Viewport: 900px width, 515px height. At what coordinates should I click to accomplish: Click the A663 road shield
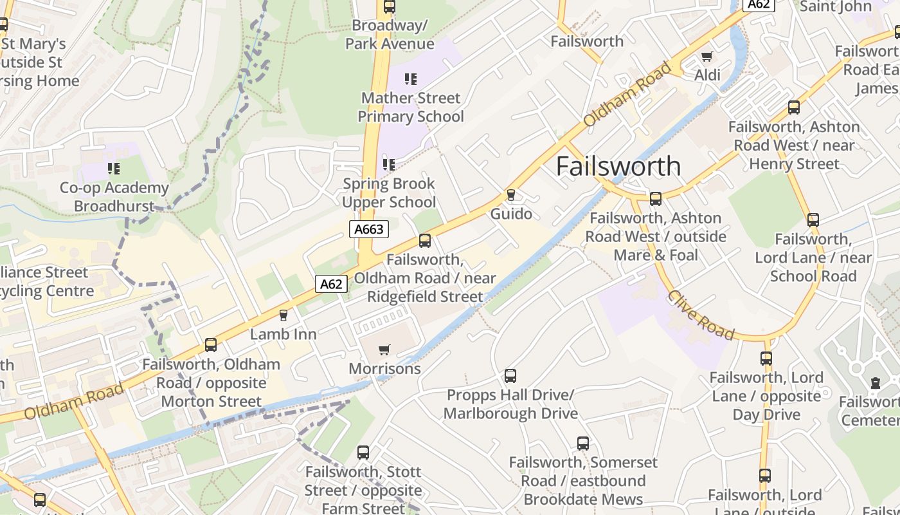click(369, 229)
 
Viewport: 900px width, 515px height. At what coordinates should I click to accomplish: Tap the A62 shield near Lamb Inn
click(331, 284)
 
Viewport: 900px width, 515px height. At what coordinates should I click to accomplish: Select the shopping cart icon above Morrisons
click(384, 350)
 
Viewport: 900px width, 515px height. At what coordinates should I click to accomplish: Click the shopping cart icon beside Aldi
click(707, 56)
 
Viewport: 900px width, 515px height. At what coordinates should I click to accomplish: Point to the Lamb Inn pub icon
click(283, 315)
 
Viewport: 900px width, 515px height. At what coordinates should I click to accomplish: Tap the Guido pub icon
click(511, 194)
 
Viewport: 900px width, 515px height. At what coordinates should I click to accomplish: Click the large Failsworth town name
click(618, 166)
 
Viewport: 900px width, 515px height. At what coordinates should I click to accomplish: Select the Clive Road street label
click(700, 315)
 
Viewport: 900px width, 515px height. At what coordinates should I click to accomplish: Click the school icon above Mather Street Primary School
click(411, 79)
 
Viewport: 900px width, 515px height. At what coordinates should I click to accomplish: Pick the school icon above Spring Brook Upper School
click(389, 164)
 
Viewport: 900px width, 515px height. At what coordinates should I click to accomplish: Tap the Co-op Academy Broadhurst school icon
click(114, 169)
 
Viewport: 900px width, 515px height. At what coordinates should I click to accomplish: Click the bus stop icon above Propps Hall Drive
click(510, 375)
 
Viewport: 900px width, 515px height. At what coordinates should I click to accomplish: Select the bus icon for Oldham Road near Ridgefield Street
click(424, 241)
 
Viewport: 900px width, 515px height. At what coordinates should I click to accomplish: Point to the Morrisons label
click(384, 369)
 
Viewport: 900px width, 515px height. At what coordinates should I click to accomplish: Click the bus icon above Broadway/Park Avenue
click(389, 7)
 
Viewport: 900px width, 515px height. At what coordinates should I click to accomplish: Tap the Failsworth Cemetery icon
click(875, 383)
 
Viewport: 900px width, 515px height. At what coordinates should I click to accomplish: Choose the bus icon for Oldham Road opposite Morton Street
click(211, 345)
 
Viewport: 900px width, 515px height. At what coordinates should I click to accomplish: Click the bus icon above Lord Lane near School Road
click(813, 220)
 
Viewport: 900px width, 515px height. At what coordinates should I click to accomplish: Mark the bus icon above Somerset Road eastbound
click(583, 444)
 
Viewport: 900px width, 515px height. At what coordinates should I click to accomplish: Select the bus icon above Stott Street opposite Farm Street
click(363, 453)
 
